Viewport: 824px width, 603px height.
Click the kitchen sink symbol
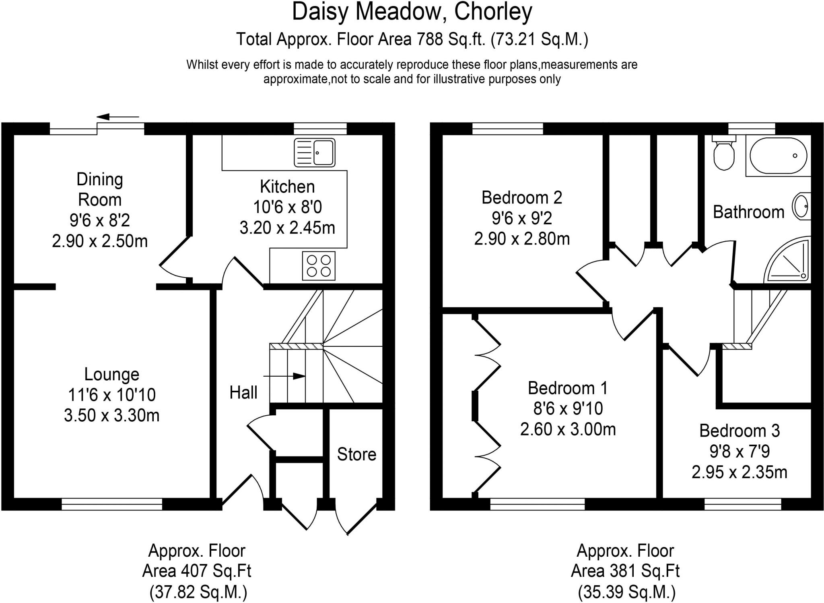tap(315, 152)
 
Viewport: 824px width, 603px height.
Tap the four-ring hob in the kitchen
tap(319, 266)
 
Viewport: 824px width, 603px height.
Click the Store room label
tap(356, 454)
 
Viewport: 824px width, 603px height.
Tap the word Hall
tap(243, 392)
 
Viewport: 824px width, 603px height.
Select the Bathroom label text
tap(748, 212)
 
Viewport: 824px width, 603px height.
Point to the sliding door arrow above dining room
tap(117, 117)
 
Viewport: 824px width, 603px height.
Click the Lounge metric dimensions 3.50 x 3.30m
tap(112, 415)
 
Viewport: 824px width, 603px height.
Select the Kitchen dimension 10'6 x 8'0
tap(287, 207)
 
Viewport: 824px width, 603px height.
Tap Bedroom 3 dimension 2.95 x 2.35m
tap(740, 472)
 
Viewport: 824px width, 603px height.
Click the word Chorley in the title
tap(493, 12)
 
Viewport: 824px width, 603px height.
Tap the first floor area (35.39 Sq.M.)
tap(626, 592)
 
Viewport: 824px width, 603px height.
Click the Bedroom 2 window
tap(507, 128)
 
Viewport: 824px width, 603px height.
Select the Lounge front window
tap(112, 504)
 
